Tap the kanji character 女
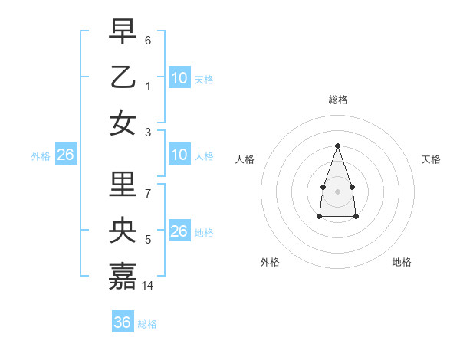[x=123, y=123]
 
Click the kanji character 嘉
[x=123, y=277]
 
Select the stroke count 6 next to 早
[x=148, y=40]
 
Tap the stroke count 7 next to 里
[x=148, y=194]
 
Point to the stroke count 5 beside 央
[x=148, y=240]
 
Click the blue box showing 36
[x=123, y=322]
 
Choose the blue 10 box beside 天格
[x=179, y=77]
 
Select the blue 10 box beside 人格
[x=179, y=155]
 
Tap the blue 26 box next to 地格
[x=179, y=231]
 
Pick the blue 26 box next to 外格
[x=65, y=155]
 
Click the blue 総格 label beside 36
[x=147, y=324]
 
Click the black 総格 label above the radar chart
[x=337, y=100]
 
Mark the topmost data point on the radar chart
[x=337, y=146]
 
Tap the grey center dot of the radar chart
[x=337, y=191]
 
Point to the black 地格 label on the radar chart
[x=402, y=262]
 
